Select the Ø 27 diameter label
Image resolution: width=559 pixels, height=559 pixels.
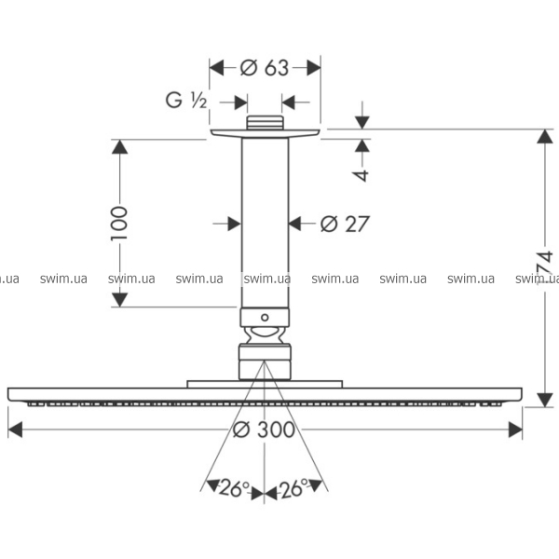pyautogui.click(x=345, y=224)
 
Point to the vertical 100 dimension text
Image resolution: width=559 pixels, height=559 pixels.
pyautogui.click(x=118, y=224)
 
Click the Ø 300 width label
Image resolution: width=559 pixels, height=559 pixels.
pyautogui.click(x=264, y=429)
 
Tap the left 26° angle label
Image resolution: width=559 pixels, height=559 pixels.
pyautogui.click(x=234, y=487)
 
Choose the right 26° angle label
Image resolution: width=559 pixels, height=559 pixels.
pyautogui.click(x=293, y=487)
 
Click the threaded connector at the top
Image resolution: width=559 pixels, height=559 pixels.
pyautogui.click(x=266, y=123)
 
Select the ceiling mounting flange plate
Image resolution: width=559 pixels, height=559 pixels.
pyautogui.click(x=266, y=134)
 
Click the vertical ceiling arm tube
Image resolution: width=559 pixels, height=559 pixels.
pyautogui.click(x=266, y=224)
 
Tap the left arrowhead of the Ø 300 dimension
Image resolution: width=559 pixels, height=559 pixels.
pyautogui.click(x=16, y=429)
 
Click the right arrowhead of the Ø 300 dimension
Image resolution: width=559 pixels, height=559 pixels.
pyautogui.click(x=515, y=429)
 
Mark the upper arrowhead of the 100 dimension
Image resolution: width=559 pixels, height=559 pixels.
pyautogui.click(x=118, y=146)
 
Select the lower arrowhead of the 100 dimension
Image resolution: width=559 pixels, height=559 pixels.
pyautogui.click(x=118, y=299)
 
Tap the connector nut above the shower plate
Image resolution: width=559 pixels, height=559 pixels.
pyautogui.click(x=266, y=361)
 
